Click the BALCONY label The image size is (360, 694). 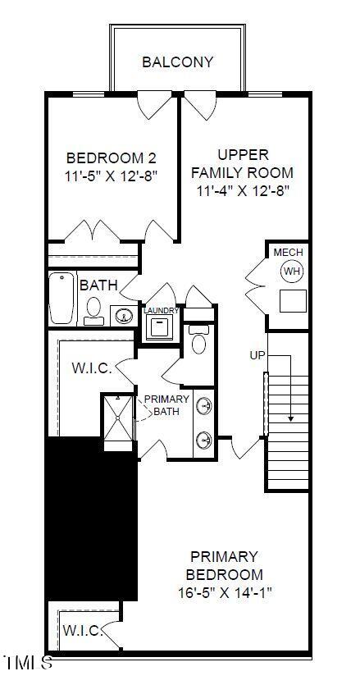(x=178, y=62)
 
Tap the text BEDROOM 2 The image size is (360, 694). (x=111, y=158)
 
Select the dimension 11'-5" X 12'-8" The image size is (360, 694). (x=111, y=175)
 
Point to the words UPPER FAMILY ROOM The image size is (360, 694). (x=243, y=163)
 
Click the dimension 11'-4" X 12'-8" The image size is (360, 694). (x=244, y=191)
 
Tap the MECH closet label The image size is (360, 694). (x=289, y=252)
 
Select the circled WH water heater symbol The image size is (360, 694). (x=291, y=270)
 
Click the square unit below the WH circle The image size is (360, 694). (x=292, y=300)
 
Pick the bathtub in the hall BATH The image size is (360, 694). (x=62, y=298)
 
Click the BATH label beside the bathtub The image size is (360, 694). (x=98, y=285)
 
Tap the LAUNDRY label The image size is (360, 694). (x=161, y=311)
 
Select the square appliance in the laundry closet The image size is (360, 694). (x=159, y=327)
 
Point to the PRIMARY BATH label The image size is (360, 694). (x=166, y=405)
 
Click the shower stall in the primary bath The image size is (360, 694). (x=118, y=422)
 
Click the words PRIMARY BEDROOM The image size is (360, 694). (x=224, y=565)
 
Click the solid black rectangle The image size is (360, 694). (x=90, y=518)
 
